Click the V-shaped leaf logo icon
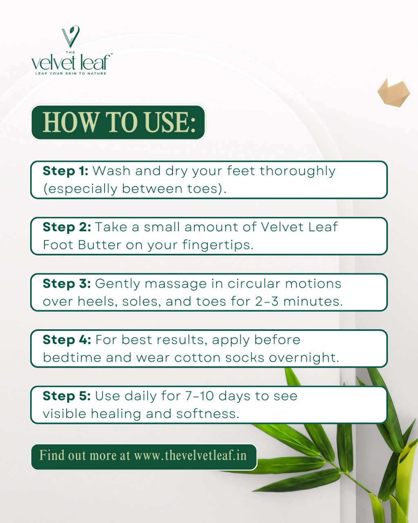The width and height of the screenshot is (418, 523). coord(71,36)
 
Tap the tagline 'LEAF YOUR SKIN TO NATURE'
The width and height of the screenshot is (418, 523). coord(71,74)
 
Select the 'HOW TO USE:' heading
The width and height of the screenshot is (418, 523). coord(119,122)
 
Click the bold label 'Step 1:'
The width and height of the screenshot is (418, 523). coord(65,171)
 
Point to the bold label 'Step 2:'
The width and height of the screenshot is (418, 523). coord(67,227)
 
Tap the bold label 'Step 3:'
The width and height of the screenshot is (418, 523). coord(67,284)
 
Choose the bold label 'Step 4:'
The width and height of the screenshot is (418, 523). coord(67,340)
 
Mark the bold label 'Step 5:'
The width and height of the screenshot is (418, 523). coord(67,396)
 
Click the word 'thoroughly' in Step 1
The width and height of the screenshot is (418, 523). coord(298,172)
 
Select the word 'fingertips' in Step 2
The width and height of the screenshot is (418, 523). coord(216,246)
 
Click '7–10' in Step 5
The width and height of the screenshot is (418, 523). coord(199,396)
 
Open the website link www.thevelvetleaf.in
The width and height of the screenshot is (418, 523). coord(190,455)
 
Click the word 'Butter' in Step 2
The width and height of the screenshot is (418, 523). coord(100,245)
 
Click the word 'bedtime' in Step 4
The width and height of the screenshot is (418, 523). coord(72,358)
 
